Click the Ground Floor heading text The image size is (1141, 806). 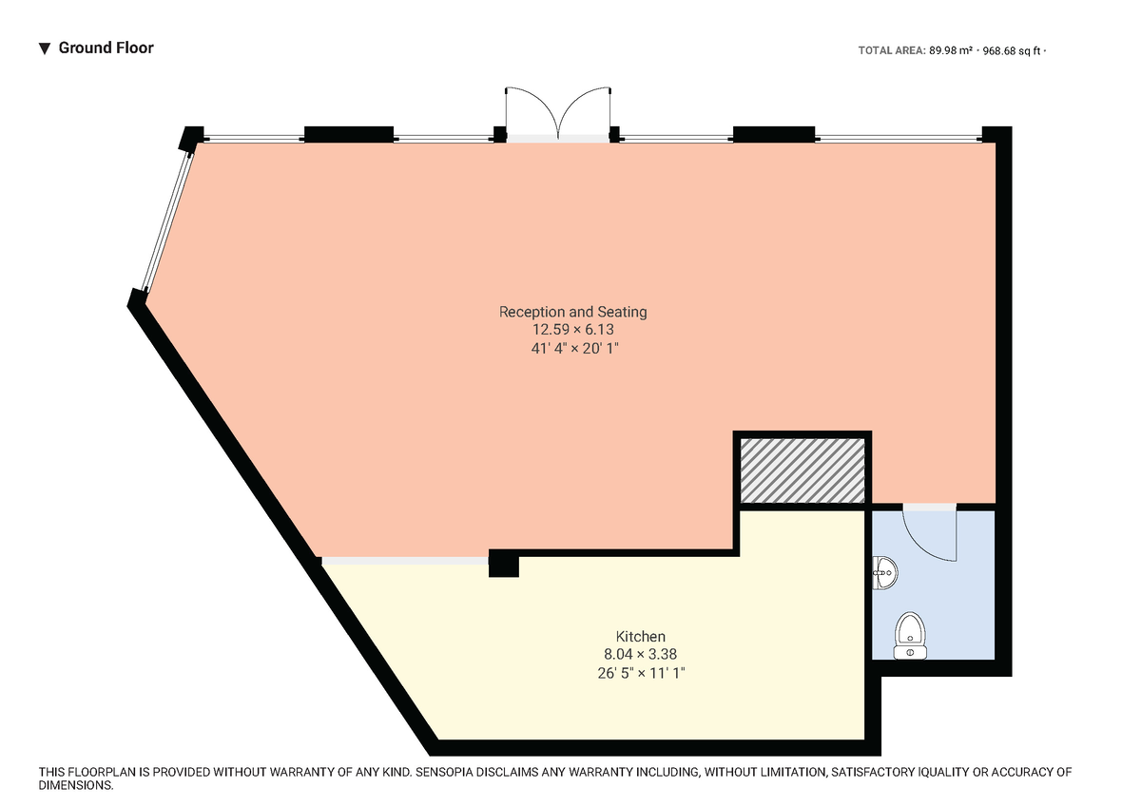[x=106, y=48]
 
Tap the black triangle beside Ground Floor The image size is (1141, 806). [x=44, y=48]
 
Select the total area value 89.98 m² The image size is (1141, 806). [x=950, y=51]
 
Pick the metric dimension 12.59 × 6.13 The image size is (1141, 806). [x=572, y=330]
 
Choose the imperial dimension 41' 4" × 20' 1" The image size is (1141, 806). [x=572, y=349]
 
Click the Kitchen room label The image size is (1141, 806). [x=640, y=636]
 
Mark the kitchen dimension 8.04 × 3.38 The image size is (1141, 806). [x=640, y=654]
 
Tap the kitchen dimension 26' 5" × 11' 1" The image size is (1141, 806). [x=640, y=673]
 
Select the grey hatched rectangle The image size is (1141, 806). [x=803, y=470]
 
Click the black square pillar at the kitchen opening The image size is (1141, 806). [x=503, y=565]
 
